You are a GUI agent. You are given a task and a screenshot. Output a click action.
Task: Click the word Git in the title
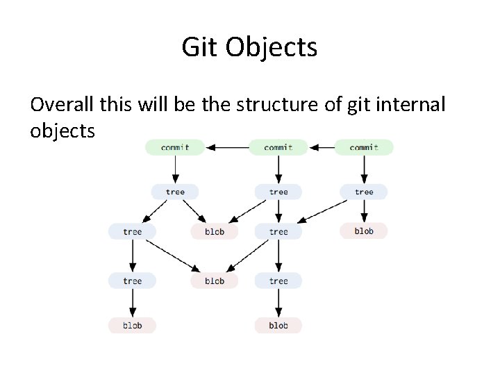pyautogui.click(x=198, y=48)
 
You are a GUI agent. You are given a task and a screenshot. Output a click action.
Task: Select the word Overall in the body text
pyautogui.click(x=66, y=105)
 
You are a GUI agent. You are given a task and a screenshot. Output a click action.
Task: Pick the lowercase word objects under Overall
pyautogui.click(x=62, y=130)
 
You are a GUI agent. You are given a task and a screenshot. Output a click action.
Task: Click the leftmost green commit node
pyautogui.click(x=175, y=147)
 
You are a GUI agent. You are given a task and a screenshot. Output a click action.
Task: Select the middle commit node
pyautogui.click(x=278, y=147)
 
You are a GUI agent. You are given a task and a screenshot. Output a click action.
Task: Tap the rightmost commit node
pyautogui.click(x=364, y=147)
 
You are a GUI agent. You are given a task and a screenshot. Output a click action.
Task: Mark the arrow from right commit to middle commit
pyautogui.click(x=322, y=147)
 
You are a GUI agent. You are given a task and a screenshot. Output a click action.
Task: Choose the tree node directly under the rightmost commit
pyautogui.click(x=364, y=192)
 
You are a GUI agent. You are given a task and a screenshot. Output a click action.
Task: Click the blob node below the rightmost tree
pyautogui.click(x=364, y=231)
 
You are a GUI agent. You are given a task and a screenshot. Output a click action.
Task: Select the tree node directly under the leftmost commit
pyautogui.click(x=175, y=192)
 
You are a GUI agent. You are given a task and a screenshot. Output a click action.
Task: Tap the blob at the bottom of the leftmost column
pyautogui.click(x=132, y=325)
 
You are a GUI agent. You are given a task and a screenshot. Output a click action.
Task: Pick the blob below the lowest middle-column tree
pyautogui.click(x=278, y=325)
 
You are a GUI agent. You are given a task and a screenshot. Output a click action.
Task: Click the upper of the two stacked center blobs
pyautogui.click(x=215, y=231)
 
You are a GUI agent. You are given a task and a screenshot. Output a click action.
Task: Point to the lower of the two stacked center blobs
pyautogui.click(x=215, y=281)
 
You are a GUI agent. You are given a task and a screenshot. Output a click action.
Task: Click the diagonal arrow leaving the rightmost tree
pyautogui.click(x=326, y=211)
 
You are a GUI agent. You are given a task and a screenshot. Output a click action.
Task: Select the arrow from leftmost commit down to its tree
pyautogui.click(x=175, y=168)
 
